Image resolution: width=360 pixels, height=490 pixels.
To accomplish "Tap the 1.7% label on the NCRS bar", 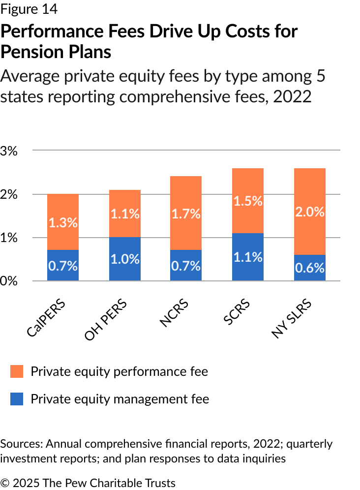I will [186, 214].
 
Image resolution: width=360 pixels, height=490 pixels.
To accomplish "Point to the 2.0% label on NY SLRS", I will [310, 212].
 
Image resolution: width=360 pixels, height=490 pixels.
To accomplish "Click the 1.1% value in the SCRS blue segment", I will [248, 256].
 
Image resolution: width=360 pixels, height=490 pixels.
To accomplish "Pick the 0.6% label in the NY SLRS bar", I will [310, 268].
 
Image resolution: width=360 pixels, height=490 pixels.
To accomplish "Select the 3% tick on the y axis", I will [9, 151].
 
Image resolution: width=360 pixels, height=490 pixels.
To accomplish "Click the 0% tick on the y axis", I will [9, 281].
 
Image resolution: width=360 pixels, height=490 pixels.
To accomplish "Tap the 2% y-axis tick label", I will [9, 194].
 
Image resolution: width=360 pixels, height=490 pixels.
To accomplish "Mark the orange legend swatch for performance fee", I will [17, 371].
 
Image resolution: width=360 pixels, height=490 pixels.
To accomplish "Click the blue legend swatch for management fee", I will [17, 398].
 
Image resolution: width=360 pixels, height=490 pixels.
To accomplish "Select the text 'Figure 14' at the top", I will [29, 8].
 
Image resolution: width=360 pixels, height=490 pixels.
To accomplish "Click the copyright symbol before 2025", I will [5, 483].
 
